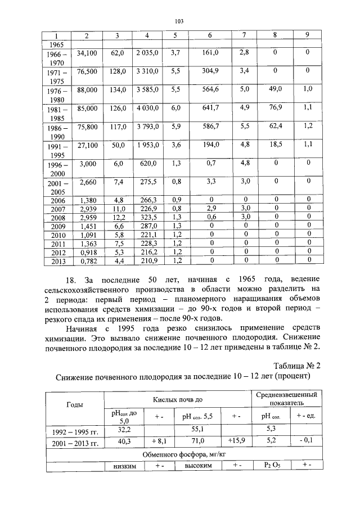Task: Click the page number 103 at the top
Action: pos(179,21)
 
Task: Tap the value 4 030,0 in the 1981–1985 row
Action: pos(147,108)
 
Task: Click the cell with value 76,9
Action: pos(275,108)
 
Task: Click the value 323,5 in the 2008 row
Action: pos(147,216)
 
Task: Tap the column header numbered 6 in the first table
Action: pos(209,35)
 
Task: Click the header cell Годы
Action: pos(75,404)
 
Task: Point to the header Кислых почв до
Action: pos(178,398)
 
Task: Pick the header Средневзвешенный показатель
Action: pos(286,398)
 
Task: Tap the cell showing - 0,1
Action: pos(305,442)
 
